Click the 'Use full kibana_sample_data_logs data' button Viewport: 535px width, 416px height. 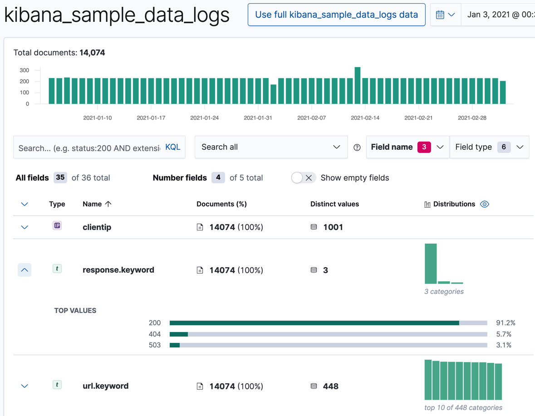[336, 15]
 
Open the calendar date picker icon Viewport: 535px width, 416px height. [440, 15]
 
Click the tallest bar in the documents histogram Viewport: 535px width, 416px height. [358, 85]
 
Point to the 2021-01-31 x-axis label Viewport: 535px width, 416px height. [258, 118]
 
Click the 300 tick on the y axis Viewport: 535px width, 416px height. [24, 70]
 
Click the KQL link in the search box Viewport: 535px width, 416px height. [172, 147]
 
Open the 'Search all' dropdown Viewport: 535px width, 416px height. [271, 147]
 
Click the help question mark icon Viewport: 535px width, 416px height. [357, 147]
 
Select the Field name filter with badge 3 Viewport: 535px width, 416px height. [407, 147]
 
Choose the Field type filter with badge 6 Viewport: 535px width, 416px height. [489, 147]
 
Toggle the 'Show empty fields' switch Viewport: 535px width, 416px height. [303, 178]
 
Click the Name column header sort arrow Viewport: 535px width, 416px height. [108, 204]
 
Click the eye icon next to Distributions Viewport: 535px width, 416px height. [485, 204]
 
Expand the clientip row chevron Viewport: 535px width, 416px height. [25, 227]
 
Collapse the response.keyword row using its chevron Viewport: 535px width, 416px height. [25, 270]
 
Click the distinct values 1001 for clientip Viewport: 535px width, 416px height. [333, 227]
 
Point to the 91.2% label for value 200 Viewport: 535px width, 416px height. [506, 323]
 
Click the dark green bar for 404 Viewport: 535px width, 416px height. [179, 334]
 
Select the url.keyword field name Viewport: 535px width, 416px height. [105, 386]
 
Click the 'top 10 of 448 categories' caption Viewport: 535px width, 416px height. [463, 407]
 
